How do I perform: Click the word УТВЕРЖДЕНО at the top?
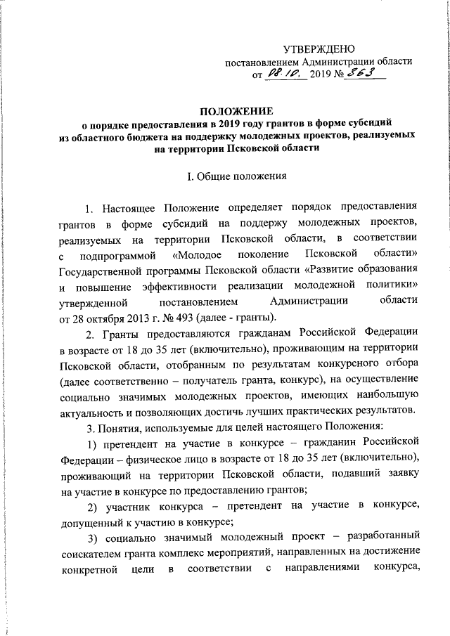(319, 48)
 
